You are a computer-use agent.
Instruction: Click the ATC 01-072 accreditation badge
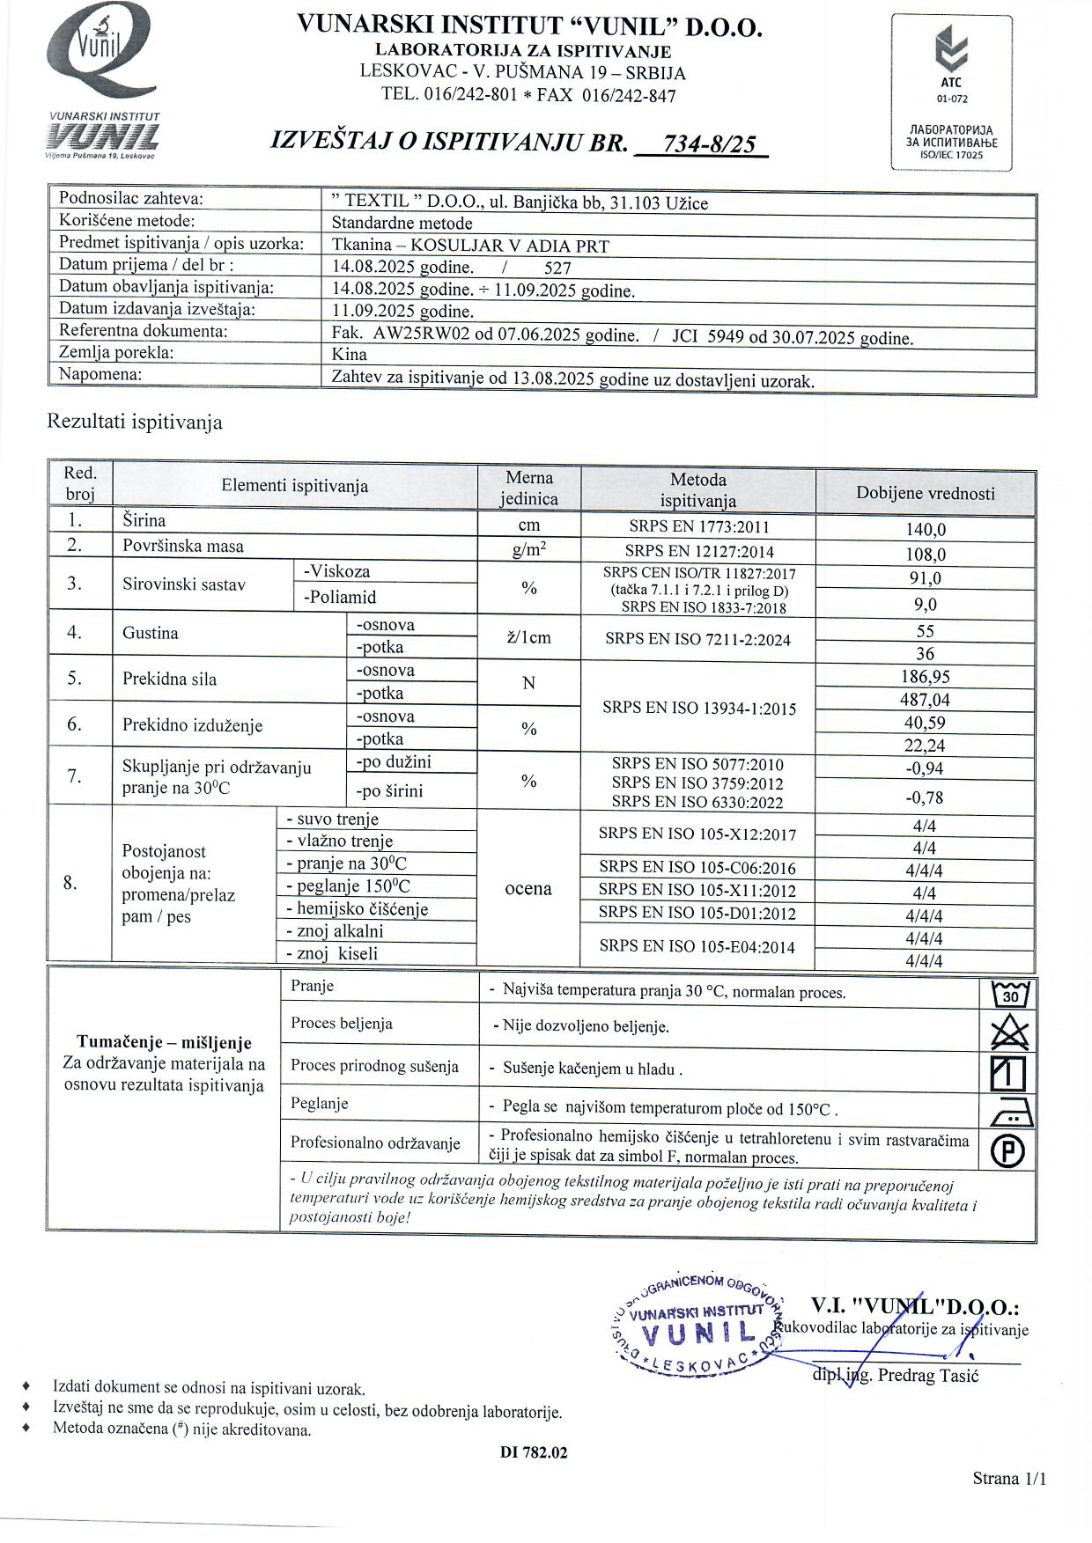tap(951, 92)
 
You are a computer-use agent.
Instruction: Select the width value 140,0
tap(925, 530)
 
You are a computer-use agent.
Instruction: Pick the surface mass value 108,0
tap(925, 555)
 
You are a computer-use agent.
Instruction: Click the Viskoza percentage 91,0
tap(925, 578)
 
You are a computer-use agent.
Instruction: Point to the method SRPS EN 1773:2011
tap(698, 527)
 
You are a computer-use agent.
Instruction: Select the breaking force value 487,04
tap(925, 700)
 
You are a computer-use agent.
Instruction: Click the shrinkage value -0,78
tap(925, 797)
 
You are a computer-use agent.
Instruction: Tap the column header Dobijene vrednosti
tap(925, 494)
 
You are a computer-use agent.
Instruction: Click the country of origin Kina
tap(349, 355)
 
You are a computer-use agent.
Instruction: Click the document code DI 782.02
tap(534, 1452)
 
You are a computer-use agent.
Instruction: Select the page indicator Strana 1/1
tap(1009, 1479)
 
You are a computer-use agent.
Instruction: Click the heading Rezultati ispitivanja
tap(135, 422)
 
